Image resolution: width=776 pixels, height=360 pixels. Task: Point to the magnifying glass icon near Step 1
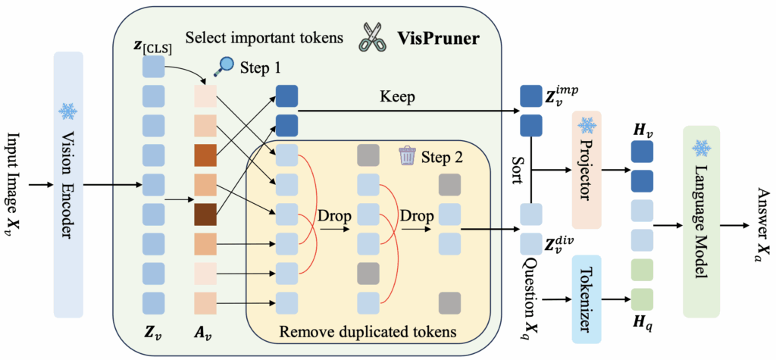pyautogui.click(x=224, y=67)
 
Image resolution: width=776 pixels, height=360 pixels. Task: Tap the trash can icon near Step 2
pyautogui.click(x=407, y=156)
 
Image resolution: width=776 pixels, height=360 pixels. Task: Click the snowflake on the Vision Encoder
pyautogui.click(x=68, y=111)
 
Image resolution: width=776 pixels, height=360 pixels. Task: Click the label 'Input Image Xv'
pyautogui.click(x=16, y=182)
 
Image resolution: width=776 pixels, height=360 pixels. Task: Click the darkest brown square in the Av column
pyautogui.click(x=205, y=214)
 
